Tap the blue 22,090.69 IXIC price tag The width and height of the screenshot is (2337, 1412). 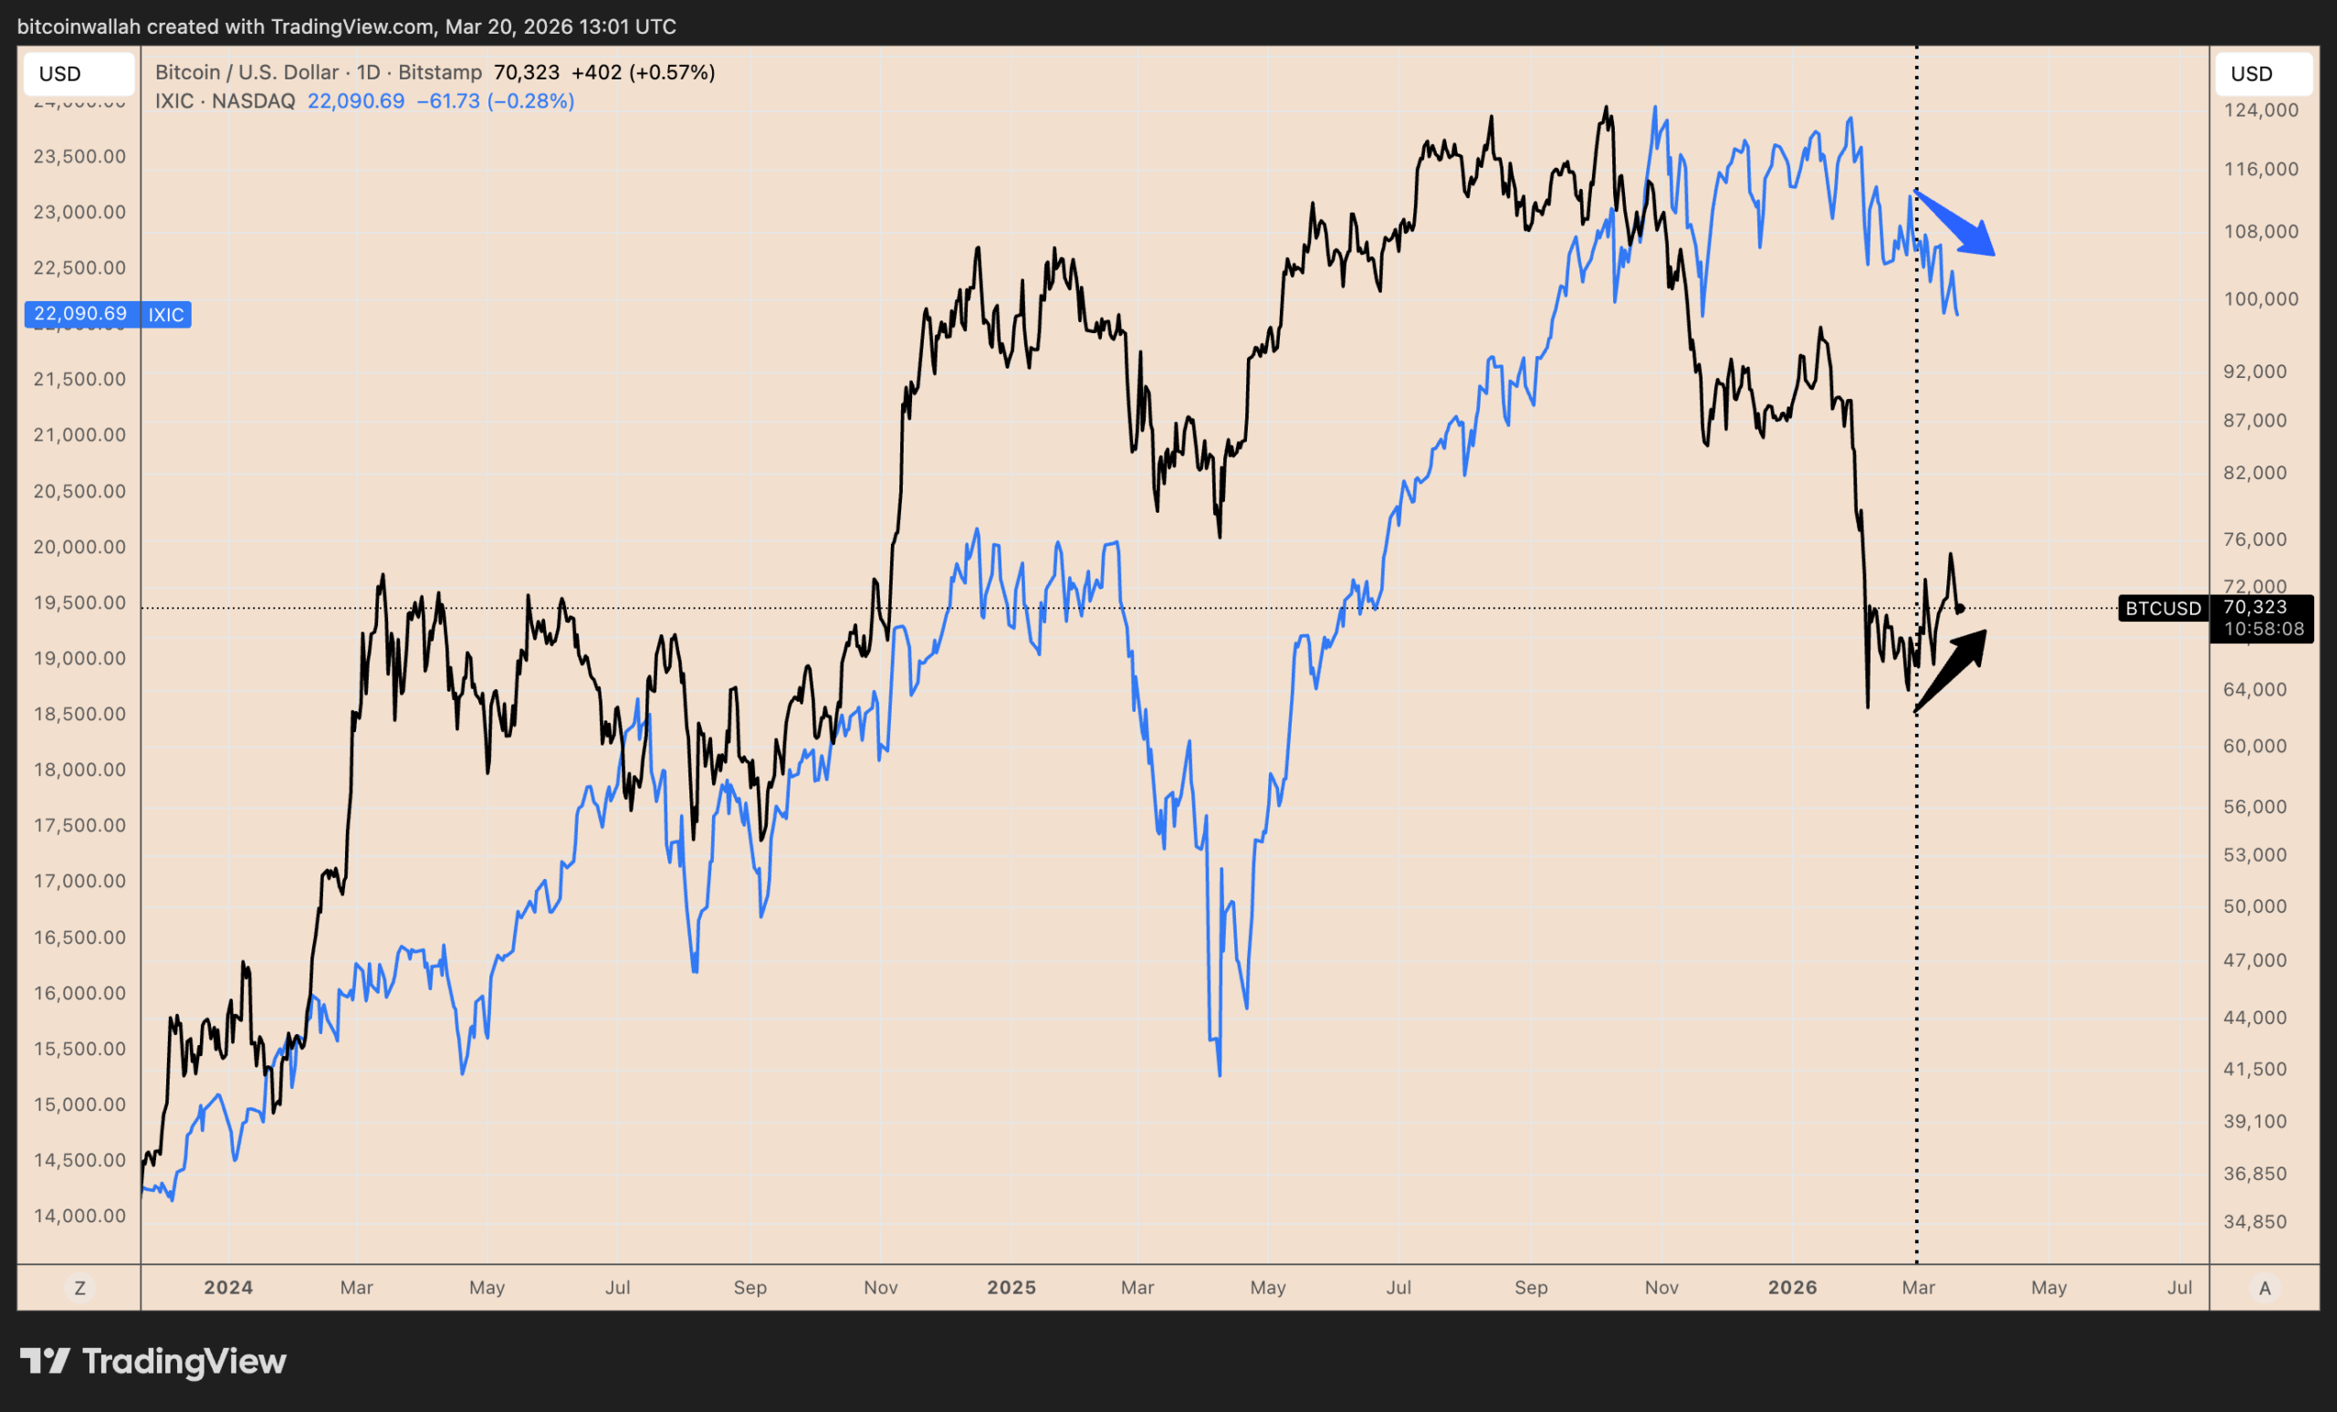tap(107, 314)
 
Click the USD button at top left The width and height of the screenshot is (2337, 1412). tap(78, 74)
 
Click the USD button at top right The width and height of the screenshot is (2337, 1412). tap(2262, 74)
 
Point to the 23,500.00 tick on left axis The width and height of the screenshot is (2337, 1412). tap(79, 156)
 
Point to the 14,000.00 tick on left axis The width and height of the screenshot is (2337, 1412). tap(79, 1216)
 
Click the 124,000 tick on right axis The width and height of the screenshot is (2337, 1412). tap(2261, 110)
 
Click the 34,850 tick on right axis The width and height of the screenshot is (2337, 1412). tap(2256, 1221)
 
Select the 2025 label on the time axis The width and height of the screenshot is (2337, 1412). tap(1011, 1288)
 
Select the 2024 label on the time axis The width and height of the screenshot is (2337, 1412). tap(228, 1288)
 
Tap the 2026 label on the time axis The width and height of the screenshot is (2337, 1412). tap(1793, 1288)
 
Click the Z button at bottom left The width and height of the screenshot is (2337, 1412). tap(79, 1288)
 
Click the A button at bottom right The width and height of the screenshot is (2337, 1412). tap(2264, 1288)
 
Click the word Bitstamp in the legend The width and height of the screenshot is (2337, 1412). tap(440, 72)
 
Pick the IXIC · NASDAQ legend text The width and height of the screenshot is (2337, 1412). tap(225, 101)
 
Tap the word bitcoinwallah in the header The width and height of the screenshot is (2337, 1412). tap(79, 26)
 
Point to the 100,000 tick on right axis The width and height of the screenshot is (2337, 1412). tap(2261, 298)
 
